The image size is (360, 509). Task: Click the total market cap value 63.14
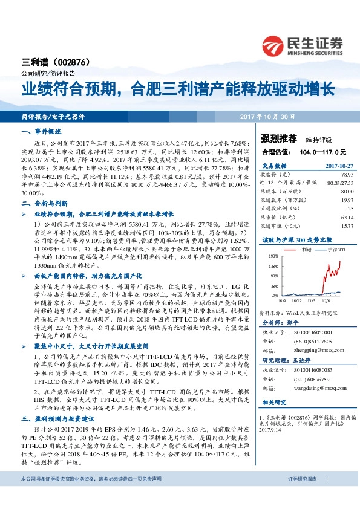[x=337, y=216]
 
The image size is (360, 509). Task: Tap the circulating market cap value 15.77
[x=337, y=225]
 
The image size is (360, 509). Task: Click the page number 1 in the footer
[x=327, y=496]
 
